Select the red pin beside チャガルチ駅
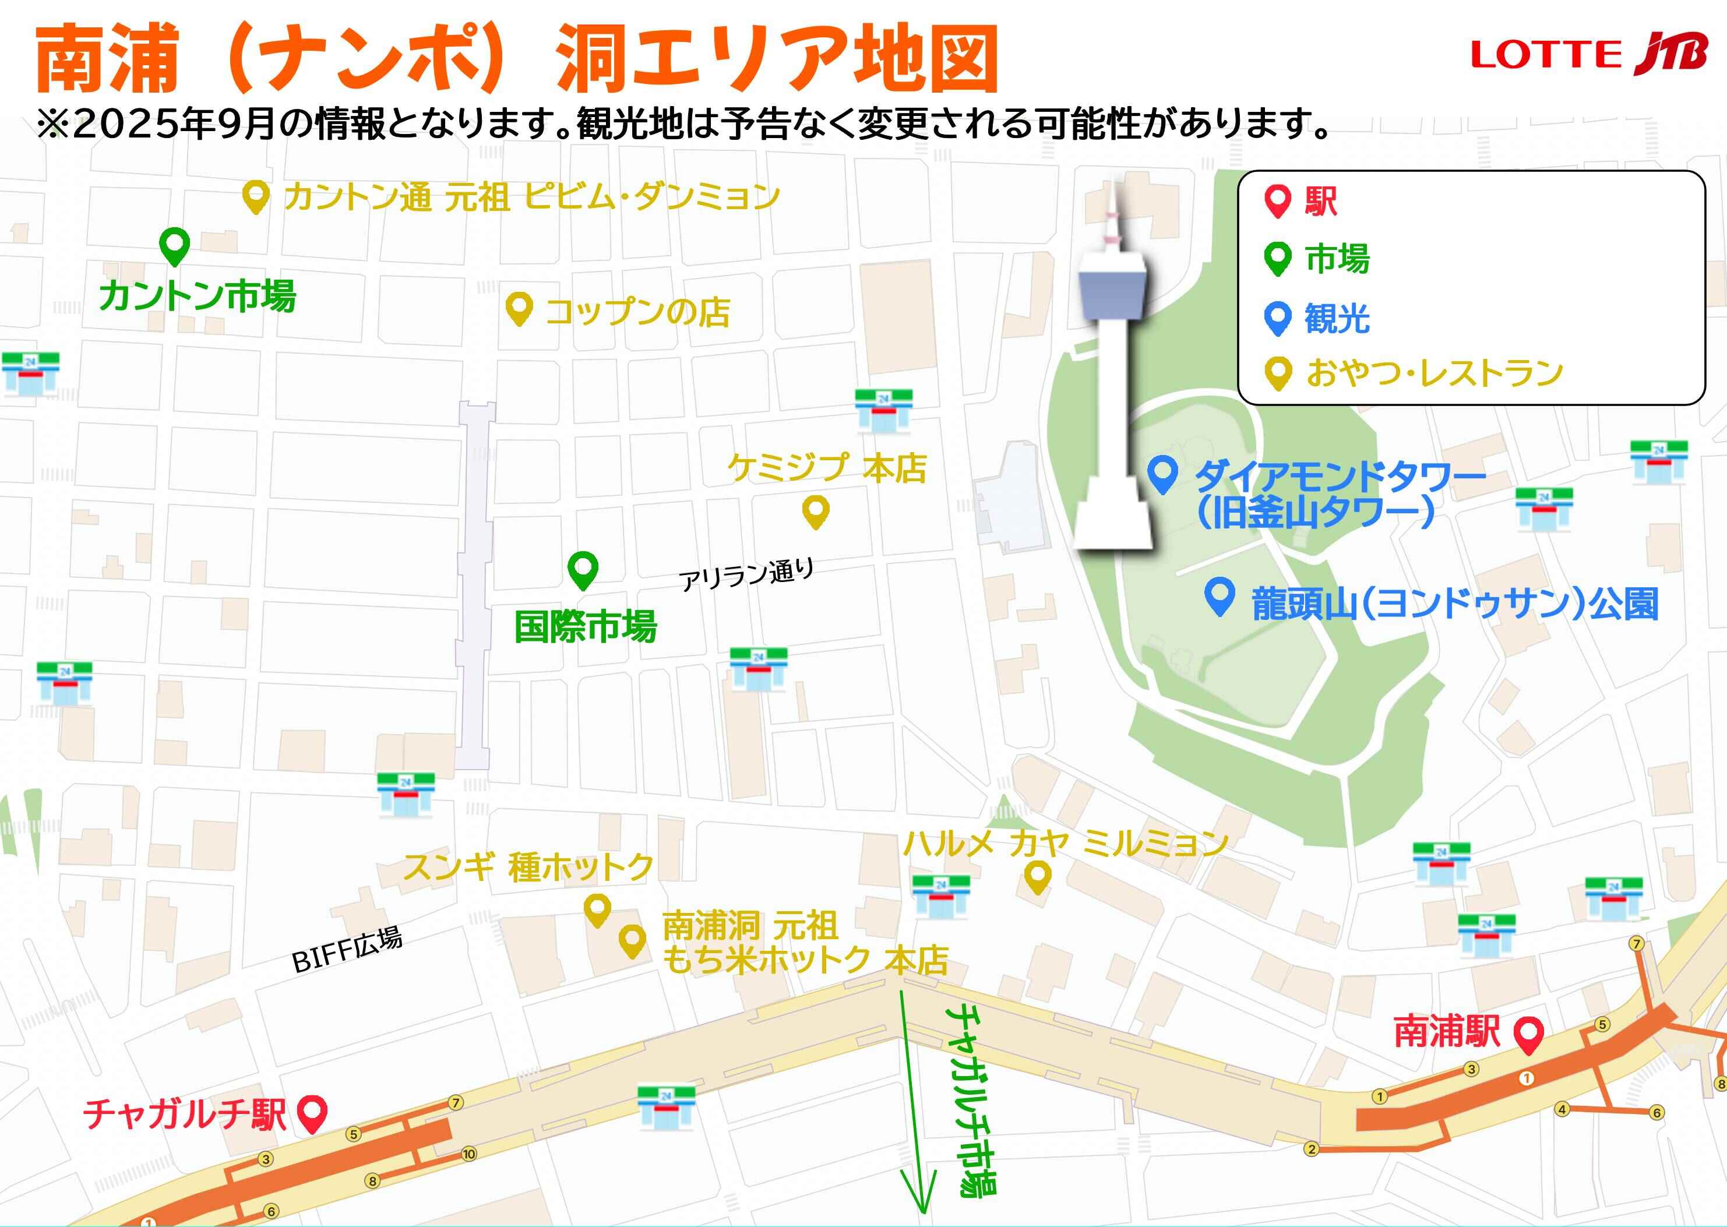coord(311,1112)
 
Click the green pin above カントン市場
coord(175,245)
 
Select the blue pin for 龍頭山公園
coord(1218,595)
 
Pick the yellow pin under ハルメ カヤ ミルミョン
coord(1037,876)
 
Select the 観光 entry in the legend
coord(1335,318)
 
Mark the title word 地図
coord(926,59)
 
